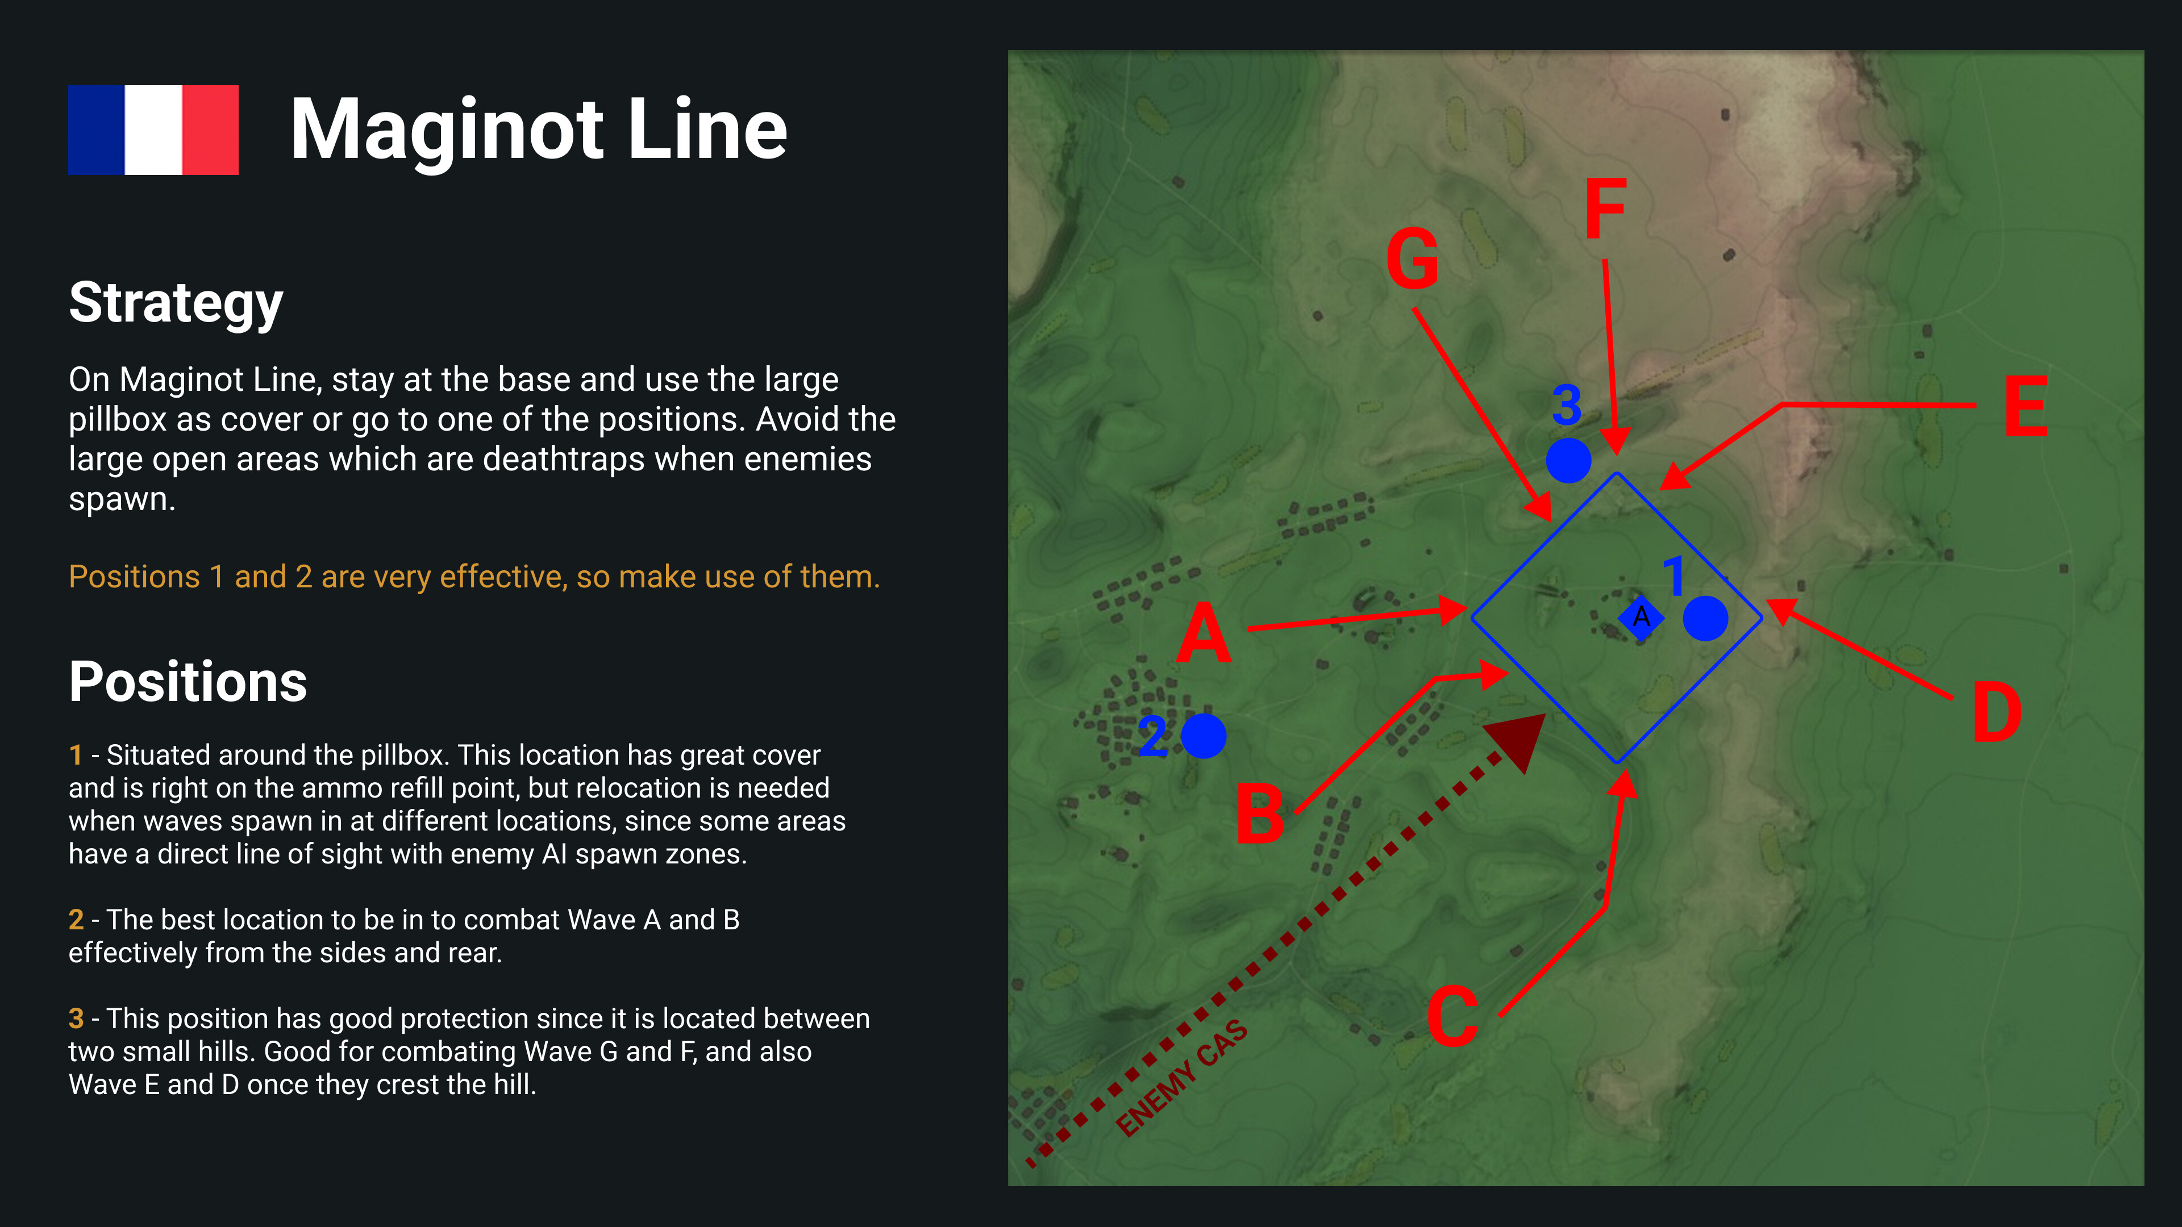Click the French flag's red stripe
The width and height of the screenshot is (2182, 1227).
point(210,130)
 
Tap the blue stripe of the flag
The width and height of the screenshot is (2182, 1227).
point(95,130)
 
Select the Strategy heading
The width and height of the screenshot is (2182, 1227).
point(176,303)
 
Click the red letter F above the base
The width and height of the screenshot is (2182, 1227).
point(1605,208)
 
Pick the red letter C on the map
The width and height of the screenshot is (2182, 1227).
point(1452,1015)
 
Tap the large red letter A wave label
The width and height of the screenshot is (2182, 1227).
point(1204,633)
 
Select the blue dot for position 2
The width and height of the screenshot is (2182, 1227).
point(1203,736)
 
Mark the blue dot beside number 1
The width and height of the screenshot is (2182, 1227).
point(1705,618)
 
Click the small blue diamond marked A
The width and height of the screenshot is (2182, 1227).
point(1640,617)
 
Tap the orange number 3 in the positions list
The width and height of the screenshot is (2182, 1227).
point(76,1019)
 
